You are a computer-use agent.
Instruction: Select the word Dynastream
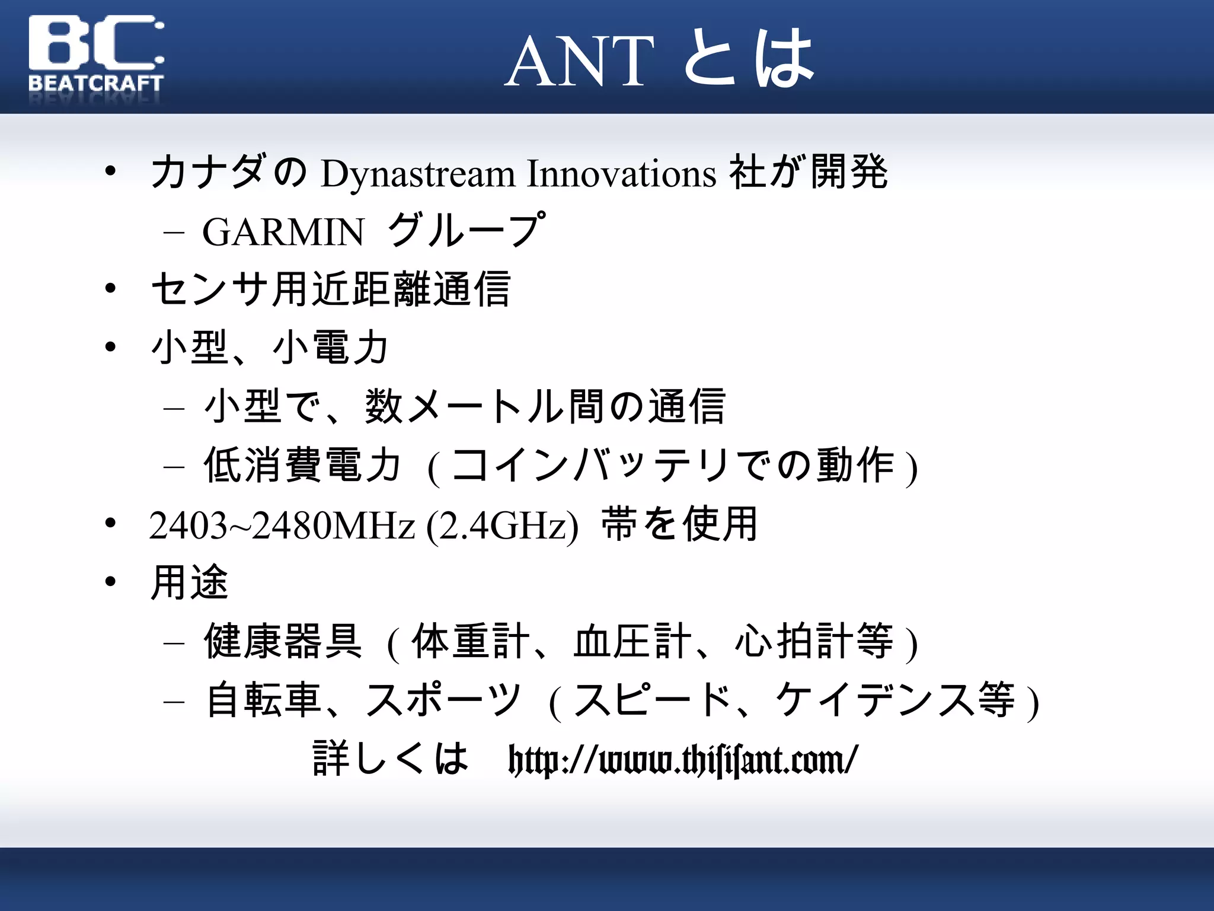[x=418, y=174]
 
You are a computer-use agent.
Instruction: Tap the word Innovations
[x=621, y=174]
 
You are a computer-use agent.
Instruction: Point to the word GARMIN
[x=283, y=232]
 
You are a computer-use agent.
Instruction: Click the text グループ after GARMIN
[x=465, y=230]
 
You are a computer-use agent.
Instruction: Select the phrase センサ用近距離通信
[x=331, y=289]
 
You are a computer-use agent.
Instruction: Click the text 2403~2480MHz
[x=282, y=525]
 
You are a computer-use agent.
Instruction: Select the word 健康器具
[x=283, y=642]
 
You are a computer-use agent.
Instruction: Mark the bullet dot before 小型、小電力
[x=110, y=347]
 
